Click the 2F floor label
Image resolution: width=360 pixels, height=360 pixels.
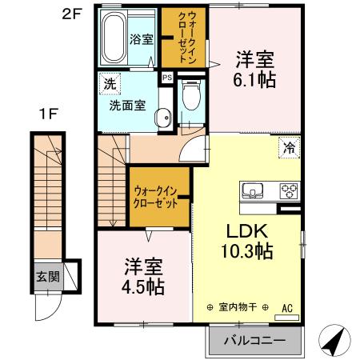tap(72, 14)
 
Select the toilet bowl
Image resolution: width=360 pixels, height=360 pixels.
tap(191, 98)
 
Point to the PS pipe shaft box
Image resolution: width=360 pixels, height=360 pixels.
tap(166, 78)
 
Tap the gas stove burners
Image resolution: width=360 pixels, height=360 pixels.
tap(288, 191)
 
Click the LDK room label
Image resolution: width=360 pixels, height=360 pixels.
tap(247, 230)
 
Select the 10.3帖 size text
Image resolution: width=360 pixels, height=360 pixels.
tap(247, 251)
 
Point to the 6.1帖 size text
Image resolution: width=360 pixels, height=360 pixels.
tap(254, 79)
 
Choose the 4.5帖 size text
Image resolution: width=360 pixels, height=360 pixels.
tap(143, 286)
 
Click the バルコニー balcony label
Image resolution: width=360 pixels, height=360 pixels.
tap(254, 340)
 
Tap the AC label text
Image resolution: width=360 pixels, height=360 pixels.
tap(286, 307)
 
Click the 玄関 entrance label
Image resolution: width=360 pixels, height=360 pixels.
tap(46, 278)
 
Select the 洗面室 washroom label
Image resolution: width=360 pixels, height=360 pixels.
tap(126, 103)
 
